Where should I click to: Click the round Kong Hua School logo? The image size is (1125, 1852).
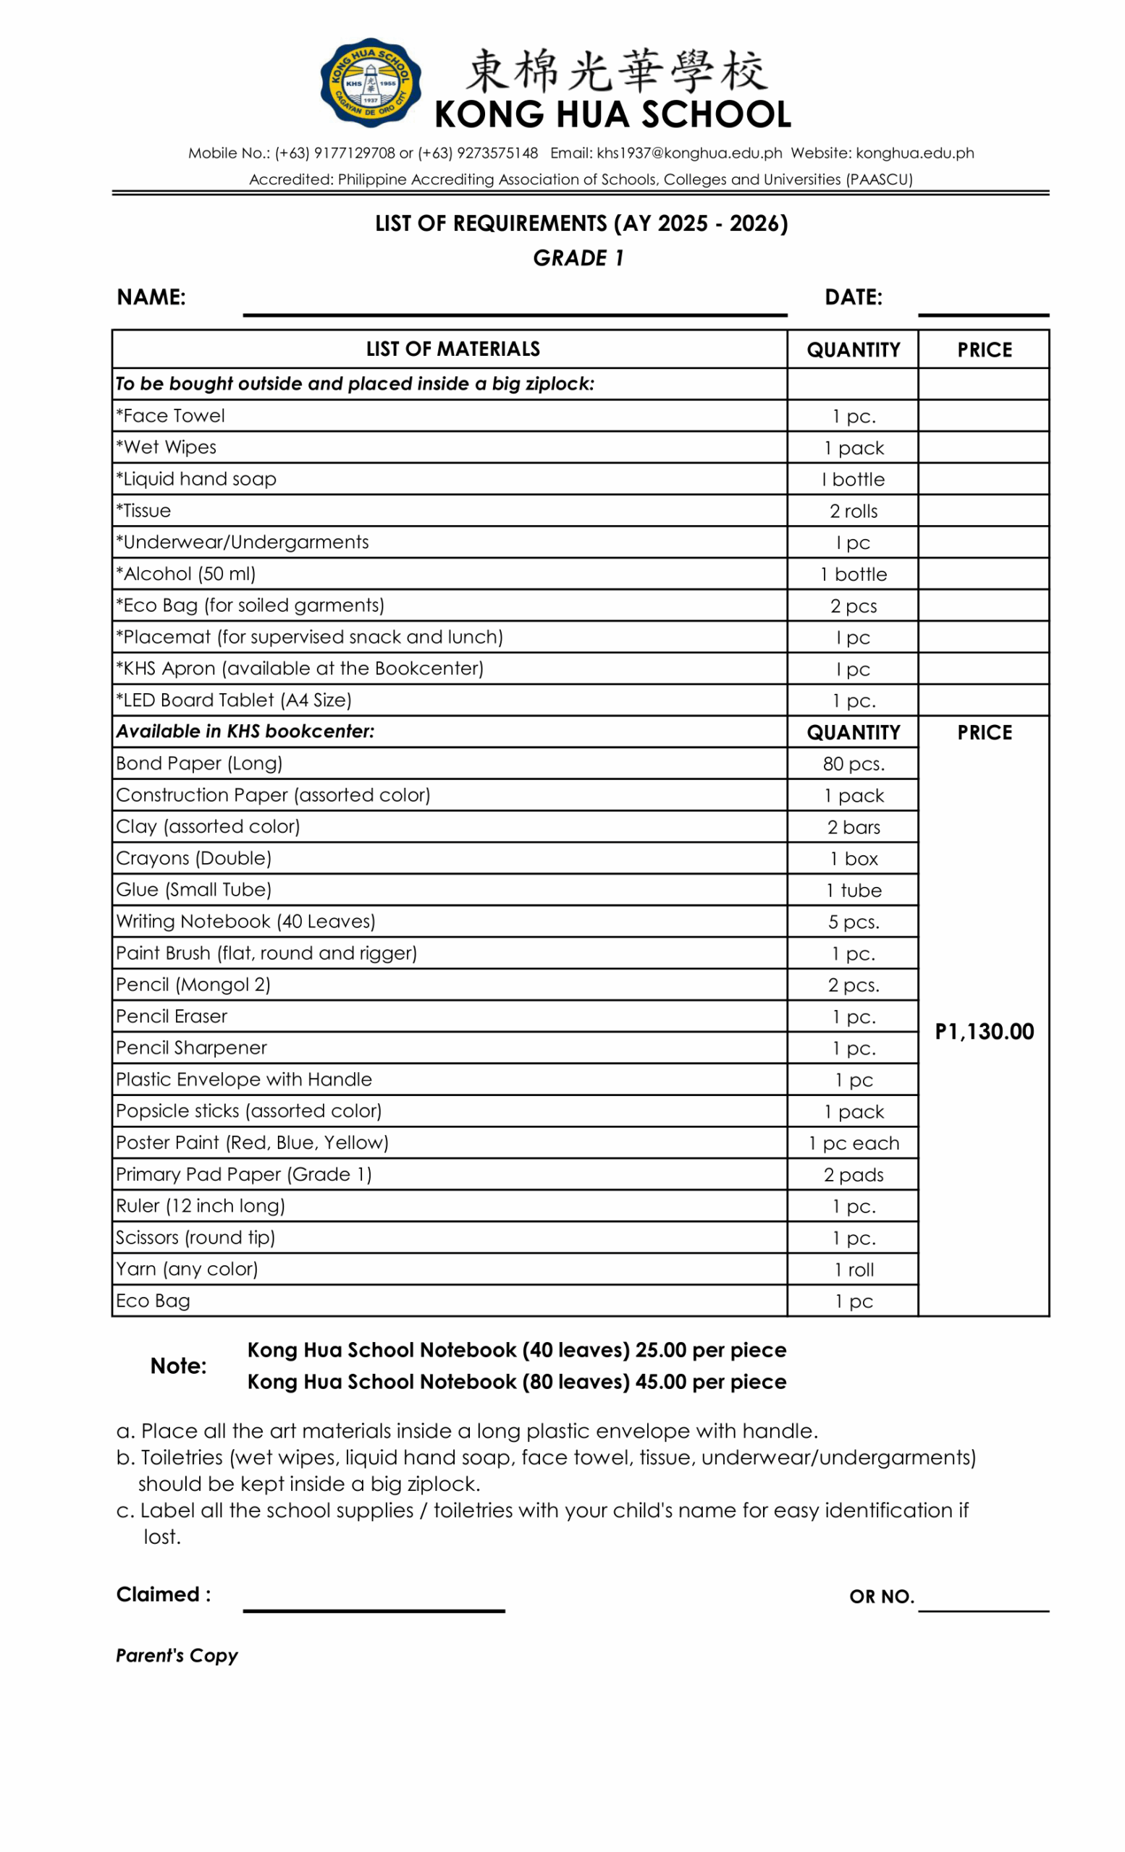click(371, 82)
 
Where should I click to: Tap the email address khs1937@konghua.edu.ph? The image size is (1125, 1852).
click(689, 153)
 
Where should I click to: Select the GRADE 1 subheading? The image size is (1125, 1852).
click(578, 258)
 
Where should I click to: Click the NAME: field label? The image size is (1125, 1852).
click(151, 297)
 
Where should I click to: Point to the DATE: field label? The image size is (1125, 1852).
click(854, 297)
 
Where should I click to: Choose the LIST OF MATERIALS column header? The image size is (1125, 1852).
click(452, 349)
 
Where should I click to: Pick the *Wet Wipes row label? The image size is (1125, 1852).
click(167, 448)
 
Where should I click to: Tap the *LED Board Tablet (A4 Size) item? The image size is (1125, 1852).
click(234, 700)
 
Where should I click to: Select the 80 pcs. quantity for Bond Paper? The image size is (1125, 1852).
click(854, 765)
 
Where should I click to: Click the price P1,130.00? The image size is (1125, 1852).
click(985, 1032)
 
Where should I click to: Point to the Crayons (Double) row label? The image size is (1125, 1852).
click(193, 858)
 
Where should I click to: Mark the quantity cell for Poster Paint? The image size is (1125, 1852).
click(854, 1143)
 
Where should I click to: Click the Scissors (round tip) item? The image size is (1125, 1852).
click(195, 1238)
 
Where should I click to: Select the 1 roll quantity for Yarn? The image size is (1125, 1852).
click(854, 1270)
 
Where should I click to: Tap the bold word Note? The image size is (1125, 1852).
click(178, 1367)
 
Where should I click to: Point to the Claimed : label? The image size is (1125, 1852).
click(163, 1595)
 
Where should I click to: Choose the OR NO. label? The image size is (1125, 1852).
click(881, 1597)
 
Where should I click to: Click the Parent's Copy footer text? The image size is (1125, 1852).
click(177, 1656)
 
